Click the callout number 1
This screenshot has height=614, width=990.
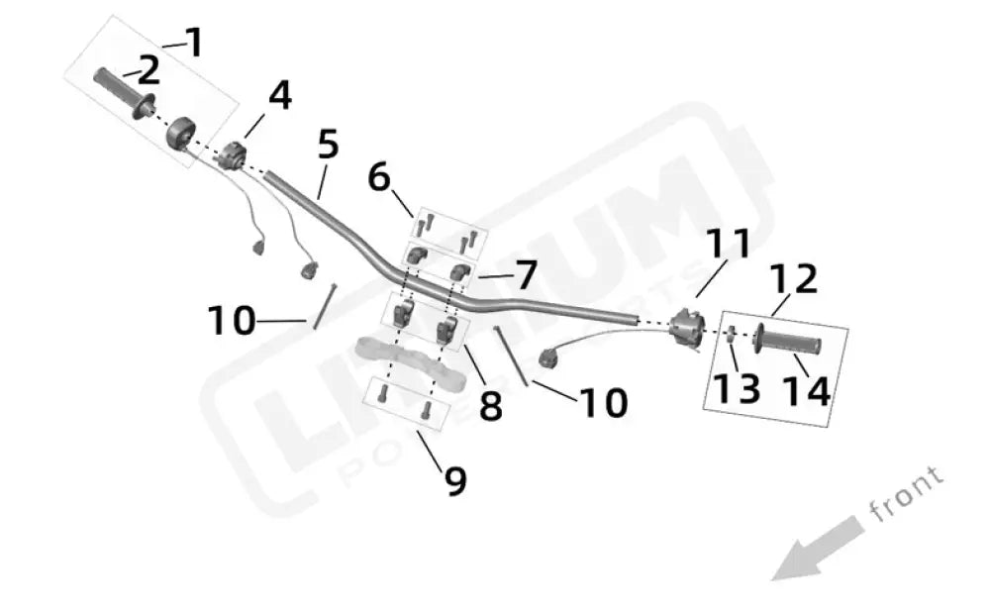pos(194,43)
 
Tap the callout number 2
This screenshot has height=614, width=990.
pos(148,70)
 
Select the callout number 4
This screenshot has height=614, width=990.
pos(280,96)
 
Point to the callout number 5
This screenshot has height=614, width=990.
pos(328,145)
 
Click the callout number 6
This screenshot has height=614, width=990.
pos(378,178)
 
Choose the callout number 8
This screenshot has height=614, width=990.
pos(490,405)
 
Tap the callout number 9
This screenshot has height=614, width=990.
pos(454,480)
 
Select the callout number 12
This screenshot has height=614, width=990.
pos(794,280)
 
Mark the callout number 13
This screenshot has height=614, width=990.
pos(738,389)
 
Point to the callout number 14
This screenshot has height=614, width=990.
pos(806,391)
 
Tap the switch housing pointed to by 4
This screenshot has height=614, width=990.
pos(234,154)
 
